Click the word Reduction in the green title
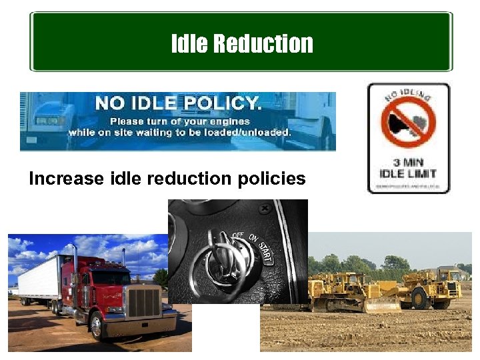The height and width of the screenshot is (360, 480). click(263, 44)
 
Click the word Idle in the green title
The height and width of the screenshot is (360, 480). click(190, 44)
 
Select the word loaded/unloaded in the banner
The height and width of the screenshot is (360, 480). click(251, 132)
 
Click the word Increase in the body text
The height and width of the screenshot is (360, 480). click(67, 179)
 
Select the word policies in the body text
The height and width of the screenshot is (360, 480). click(273, 179)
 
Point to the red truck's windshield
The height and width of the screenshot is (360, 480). click(110, 276)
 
